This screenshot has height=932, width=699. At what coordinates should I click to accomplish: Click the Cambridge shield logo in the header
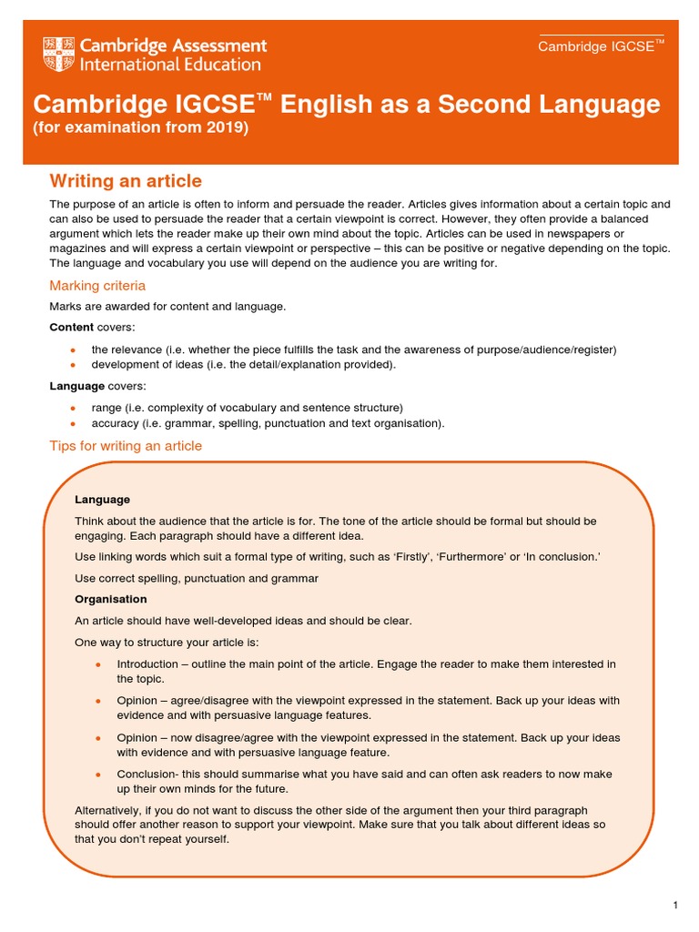click(x=59, y=55)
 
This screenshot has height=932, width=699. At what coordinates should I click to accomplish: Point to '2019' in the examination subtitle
click(x=228, y=127)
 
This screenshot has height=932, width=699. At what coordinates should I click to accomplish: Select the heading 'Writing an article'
click(x=125, y=181)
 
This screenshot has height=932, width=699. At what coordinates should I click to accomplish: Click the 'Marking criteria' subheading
click(x=96, y=286)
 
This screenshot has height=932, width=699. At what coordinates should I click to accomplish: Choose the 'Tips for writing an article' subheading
click(x=125, y=446)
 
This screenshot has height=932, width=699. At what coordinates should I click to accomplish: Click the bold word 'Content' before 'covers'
click(x=71, y=328)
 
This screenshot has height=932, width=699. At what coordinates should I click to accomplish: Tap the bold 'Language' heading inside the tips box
click(x=102, y=500)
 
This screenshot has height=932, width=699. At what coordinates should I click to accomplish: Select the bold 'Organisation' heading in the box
click(x=110, y=599)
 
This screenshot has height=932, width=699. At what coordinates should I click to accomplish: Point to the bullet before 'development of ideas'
click(x=72, y=365)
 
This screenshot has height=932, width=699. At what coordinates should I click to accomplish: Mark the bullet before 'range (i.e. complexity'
click(x=72, y=408)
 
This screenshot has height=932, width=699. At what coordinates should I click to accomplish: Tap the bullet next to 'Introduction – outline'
click(x=98, y=664)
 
